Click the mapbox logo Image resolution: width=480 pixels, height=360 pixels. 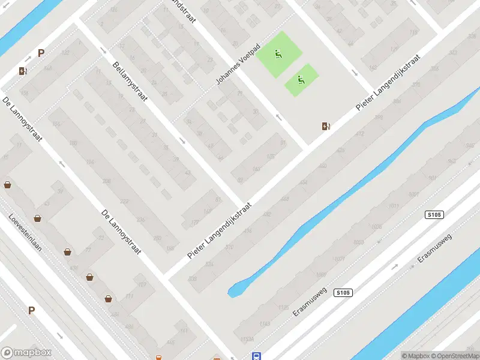[x=26, y=353]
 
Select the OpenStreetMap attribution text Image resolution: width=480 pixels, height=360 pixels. [x=454, y=356]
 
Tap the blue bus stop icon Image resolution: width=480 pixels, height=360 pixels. [x=256, y=356]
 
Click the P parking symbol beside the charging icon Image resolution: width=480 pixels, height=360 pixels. [x=41, y=53]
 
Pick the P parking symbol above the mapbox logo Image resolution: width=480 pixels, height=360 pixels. [x=31, y=311]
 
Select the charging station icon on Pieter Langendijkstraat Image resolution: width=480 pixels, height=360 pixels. [x=326, y=127]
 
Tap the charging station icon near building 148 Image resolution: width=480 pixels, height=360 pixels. [x=23, y=71]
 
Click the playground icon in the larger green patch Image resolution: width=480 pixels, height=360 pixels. [x=278, y=55]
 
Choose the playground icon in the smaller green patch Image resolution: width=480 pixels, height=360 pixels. [x=301, y=79]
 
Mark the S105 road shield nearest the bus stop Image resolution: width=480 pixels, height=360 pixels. [x=343, y=293]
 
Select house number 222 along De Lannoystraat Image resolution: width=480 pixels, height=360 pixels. [x=124, y=201]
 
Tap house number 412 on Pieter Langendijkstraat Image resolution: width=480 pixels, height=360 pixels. [x=361, y=133]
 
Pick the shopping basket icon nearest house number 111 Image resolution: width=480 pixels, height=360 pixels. [x=109, y=298]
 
